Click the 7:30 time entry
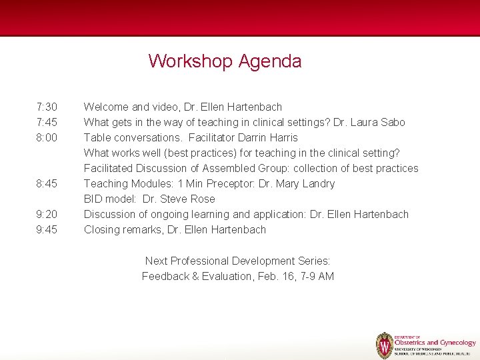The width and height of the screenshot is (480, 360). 47,107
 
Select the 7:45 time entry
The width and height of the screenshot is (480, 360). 47,122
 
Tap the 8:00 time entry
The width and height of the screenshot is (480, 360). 47,137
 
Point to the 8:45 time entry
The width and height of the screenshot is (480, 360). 47,183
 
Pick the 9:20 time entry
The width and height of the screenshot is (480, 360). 47,214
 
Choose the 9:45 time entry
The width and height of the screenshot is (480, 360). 47,229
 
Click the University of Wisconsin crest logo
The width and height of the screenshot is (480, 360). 385,345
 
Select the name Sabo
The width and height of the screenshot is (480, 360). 392,122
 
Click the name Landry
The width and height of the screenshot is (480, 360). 317,183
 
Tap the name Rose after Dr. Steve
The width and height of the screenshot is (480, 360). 203,199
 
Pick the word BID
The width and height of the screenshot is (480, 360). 93,199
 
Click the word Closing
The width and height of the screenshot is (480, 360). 102,229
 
